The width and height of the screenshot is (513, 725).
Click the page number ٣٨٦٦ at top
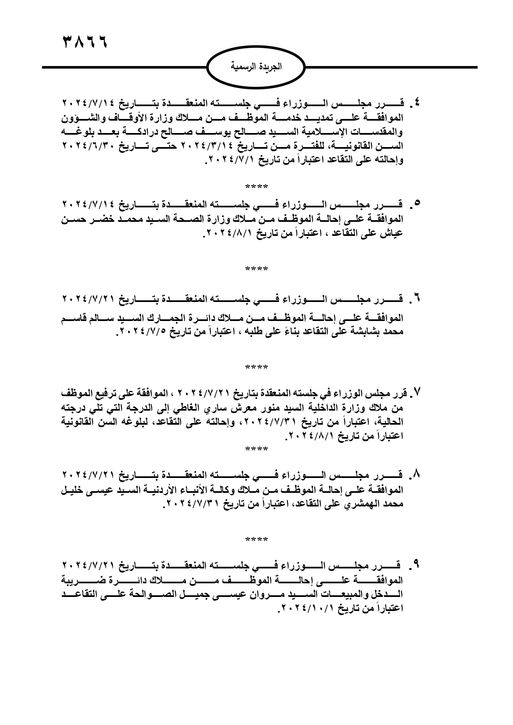coord(84,42)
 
